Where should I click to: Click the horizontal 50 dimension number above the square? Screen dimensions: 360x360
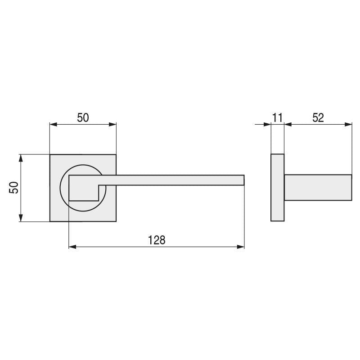click(83, 118)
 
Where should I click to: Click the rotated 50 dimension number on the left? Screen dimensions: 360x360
click(13, 188)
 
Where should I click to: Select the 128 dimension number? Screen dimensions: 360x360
click(157, 240)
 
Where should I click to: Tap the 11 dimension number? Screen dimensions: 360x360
click(277, 118)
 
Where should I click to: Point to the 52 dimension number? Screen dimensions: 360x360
click(318, 118)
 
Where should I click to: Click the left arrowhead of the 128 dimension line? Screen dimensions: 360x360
click(72, 247)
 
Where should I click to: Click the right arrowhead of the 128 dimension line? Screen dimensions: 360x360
click(240, 247)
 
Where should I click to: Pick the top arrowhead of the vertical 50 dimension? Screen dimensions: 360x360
click(21, 158)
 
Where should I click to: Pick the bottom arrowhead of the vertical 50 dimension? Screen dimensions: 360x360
click(21, 218)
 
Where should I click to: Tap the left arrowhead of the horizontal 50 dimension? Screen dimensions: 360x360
click(54, 125)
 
